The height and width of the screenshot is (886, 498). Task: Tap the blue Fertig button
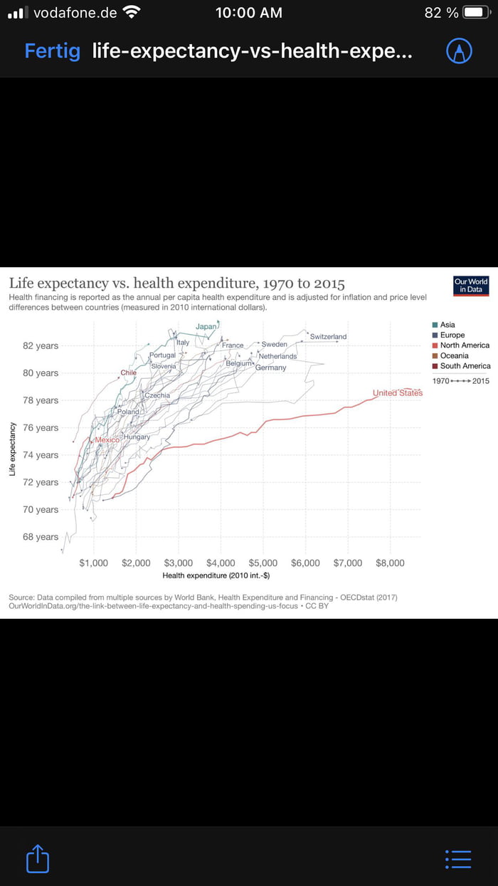pyautogui.click(x=52, y=51)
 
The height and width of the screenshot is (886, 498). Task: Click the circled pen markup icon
pyautogui.click(x=459, y=51)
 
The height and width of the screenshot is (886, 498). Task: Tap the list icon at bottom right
pyautogui.click(x=457, y=859)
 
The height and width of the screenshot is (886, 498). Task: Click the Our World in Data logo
pyautogui.click(x=471, y=286)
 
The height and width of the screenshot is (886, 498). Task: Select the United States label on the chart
pyautogui.click(x=397, y=393)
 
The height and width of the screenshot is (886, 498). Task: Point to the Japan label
pyautogui.click(x=206, y=327)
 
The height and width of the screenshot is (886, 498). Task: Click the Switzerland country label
pyautogui.click(x=328, y=336)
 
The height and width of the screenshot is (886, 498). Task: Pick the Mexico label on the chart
pyautogui.click(x=107, y=441)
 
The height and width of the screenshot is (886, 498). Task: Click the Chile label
pyautogui.click(x=129, y=372)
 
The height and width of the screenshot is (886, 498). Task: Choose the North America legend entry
pyautogui.click(x=465, y=345)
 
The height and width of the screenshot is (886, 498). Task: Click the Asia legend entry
pyautogui.click(x=447, y=325)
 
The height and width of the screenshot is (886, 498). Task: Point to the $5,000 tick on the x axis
pyautogui.click(x=263, y=563)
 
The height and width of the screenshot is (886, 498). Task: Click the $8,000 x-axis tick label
pyautogui.click(x=390, y=563)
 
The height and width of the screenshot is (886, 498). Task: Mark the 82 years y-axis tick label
pyautogui.click(x=41, y=346)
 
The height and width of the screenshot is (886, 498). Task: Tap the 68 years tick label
pyautogui.click(x=41, y=537)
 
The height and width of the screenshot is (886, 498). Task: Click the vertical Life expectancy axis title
pyautogui.click(x=13, y=449)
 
